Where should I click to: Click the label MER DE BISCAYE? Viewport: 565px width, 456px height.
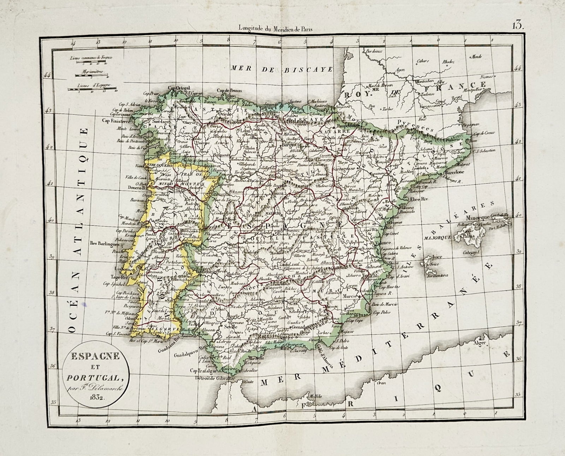click(x=282, y=69)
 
